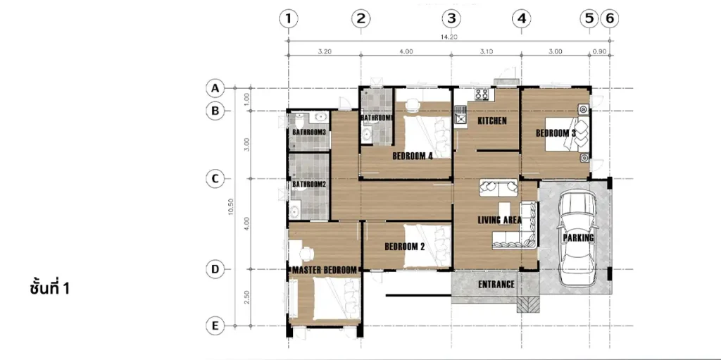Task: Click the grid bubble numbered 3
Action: [451, 18]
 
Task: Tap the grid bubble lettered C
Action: [215, 179]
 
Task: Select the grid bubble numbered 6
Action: [610, 18]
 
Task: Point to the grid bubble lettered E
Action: [215, 326]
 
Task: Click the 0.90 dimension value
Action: [599, 51]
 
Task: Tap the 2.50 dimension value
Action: [247, 297]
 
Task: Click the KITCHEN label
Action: [492, 121]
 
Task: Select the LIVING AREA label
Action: [500, 220]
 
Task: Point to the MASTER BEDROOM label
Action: [325, 270]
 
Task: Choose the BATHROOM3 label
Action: [310, 132]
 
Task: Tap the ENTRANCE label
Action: [496, 285]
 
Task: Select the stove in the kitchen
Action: [482, 94]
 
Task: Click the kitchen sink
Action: [459, 116]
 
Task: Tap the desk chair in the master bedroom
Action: [306, 254]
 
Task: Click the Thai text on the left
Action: [50, 288]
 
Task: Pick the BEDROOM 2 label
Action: [405, 247]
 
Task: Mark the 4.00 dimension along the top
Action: [406, 51]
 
